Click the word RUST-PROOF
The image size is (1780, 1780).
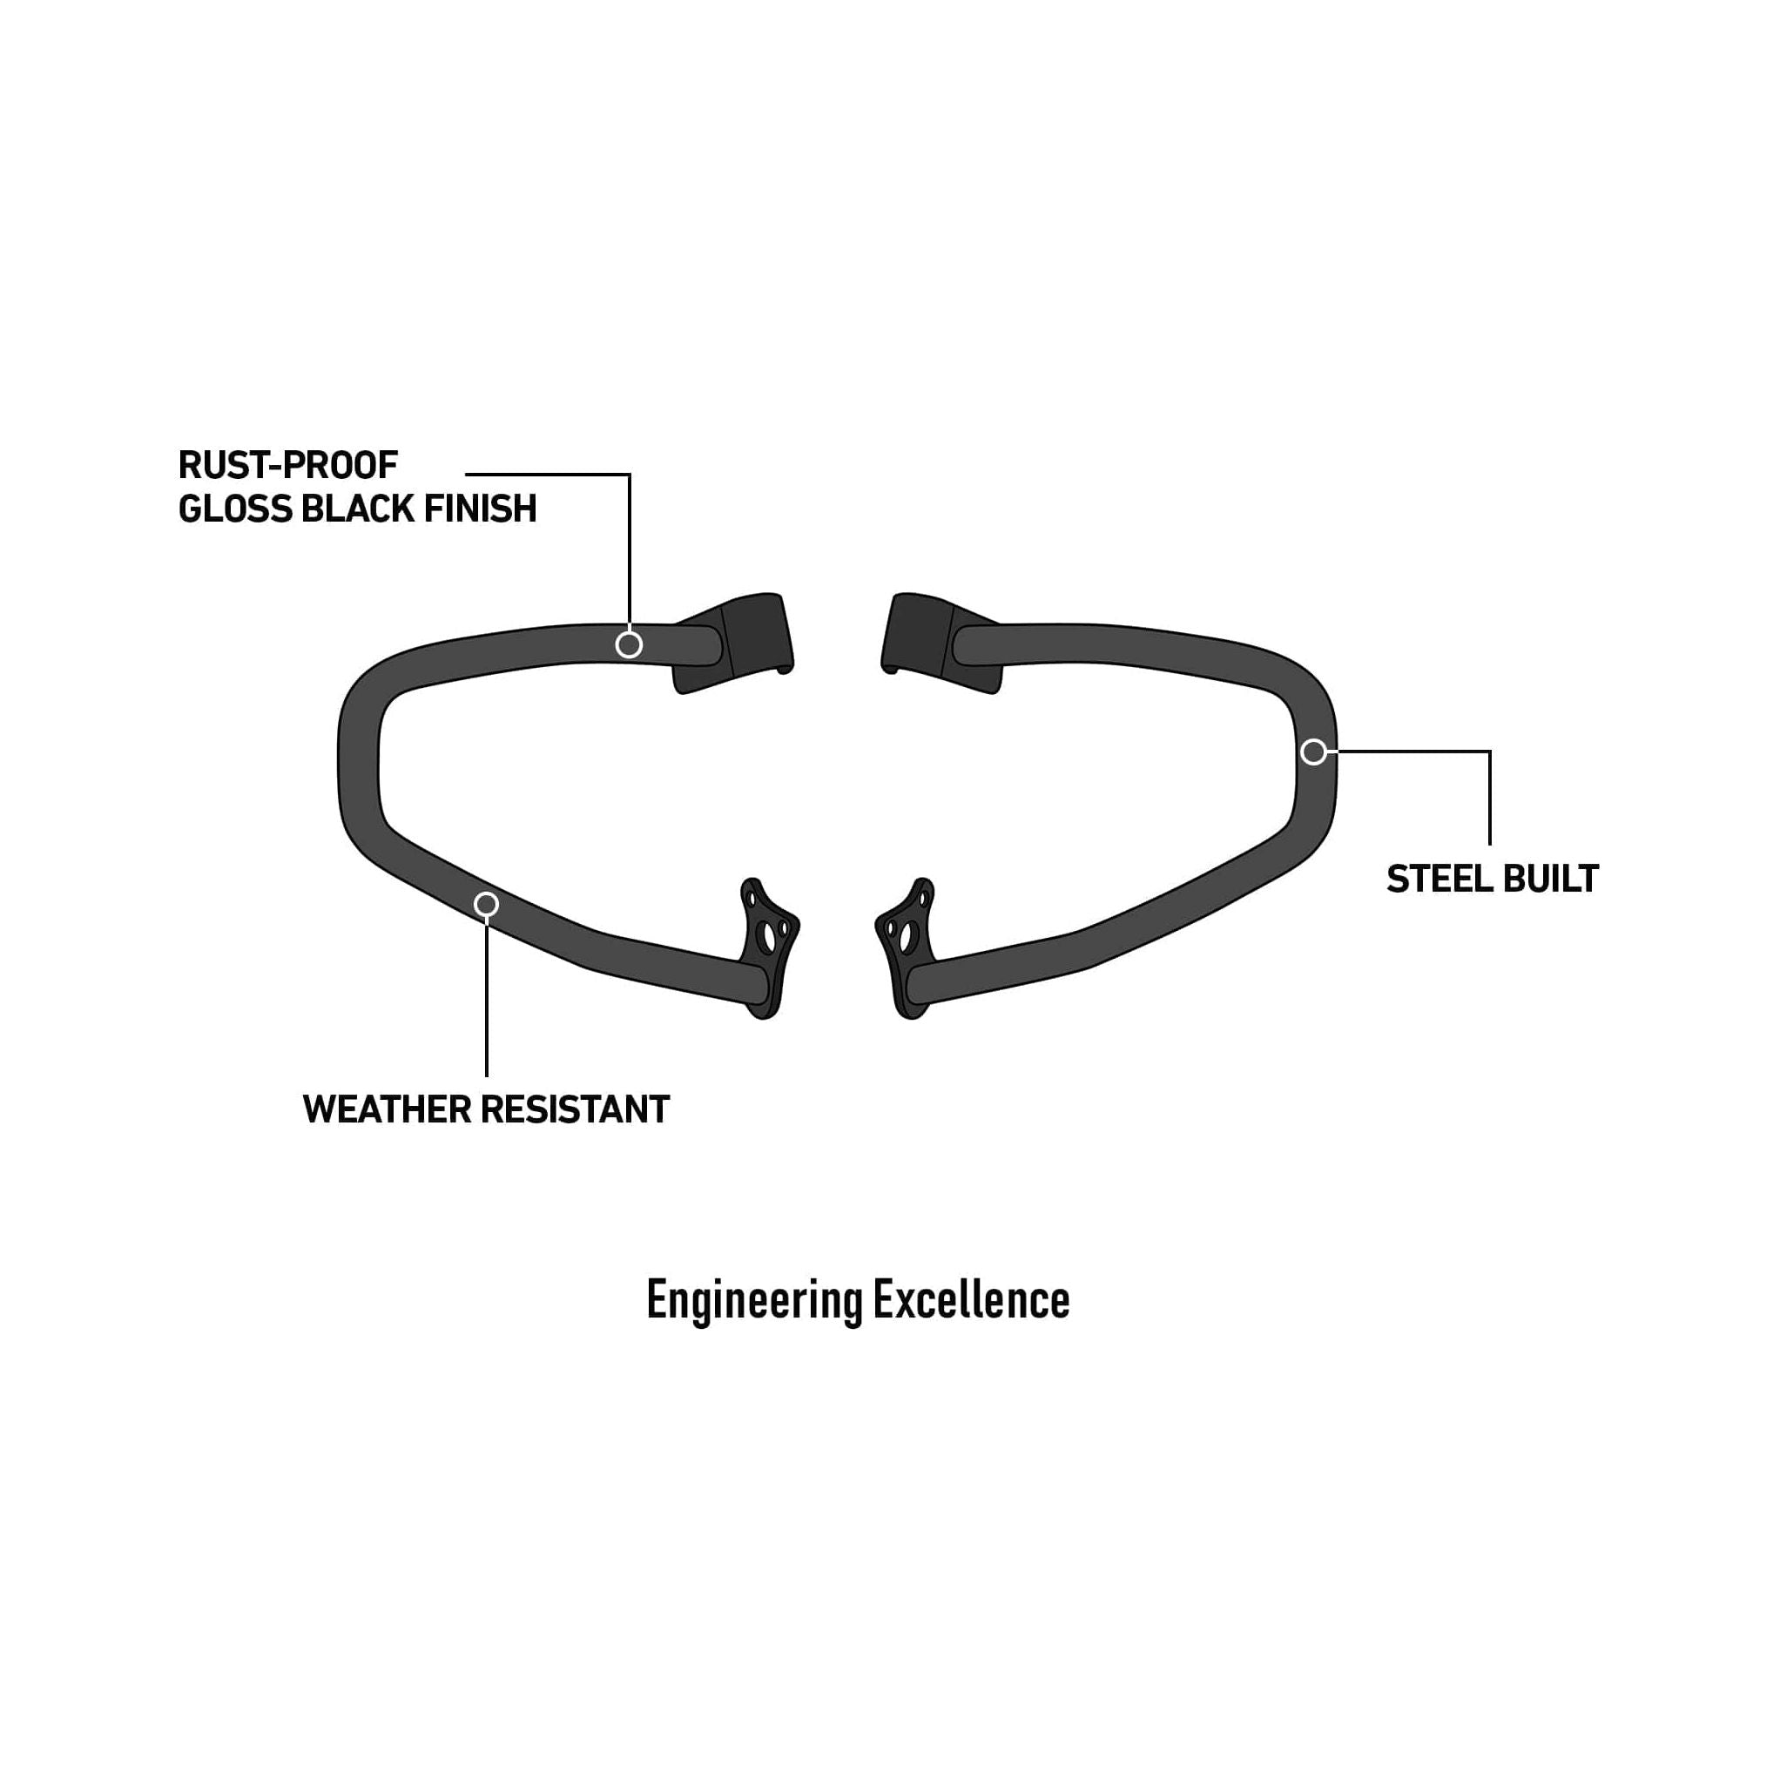(x=287, y=466)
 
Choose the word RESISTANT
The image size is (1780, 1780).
(x=576, y=1110)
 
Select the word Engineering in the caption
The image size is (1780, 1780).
(x=754, y=1301)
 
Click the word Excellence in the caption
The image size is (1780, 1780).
(x=971, y=1301)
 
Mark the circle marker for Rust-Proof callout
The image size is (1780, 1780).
(x=629, y=645)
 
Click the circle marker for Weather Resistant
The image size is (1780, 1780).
(x=487, y=905)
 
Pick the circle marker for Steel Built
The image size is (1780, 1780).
(x=1314, y=752)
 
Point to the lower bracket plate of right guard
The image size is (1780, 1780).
(x=907, y=949)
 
